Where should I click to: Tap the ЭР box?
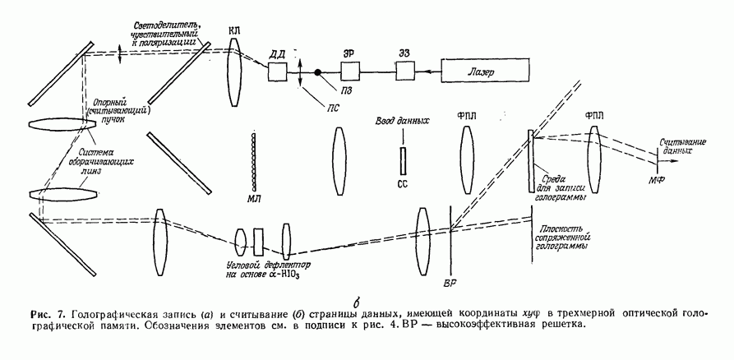346,72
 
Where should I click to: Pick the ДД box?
278,72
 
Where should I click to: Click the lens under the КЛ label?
235,72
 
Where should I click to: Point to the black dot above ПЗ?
317,72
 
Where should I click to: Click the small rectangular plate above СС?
402,158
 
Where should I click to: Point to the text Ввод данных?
402,122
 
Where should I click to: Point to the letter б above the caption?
356,298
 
